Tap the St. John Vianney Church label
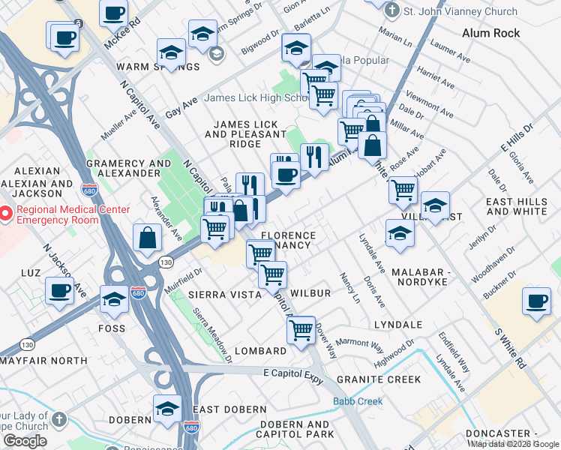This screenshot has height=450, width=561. pos(460,11)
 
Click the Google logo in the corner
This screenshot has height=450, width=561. pos(24,441)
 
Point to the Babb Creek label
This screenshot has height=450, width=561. pos(358,401)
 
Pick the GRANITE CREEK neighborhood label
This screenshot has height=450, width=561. pos(379,379)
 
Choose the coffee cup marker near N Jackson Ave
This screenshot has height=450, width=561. pos(59,290)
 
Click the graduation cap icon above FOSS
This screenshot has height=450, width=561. pos(114,298)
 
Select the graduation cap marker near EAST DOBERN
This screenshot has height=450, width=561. pos(167,408)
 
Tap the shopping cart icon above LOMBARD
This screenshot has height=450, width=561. pos(301,328)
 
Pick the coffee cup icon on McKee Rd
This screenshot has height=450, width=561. pos(113,12)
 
